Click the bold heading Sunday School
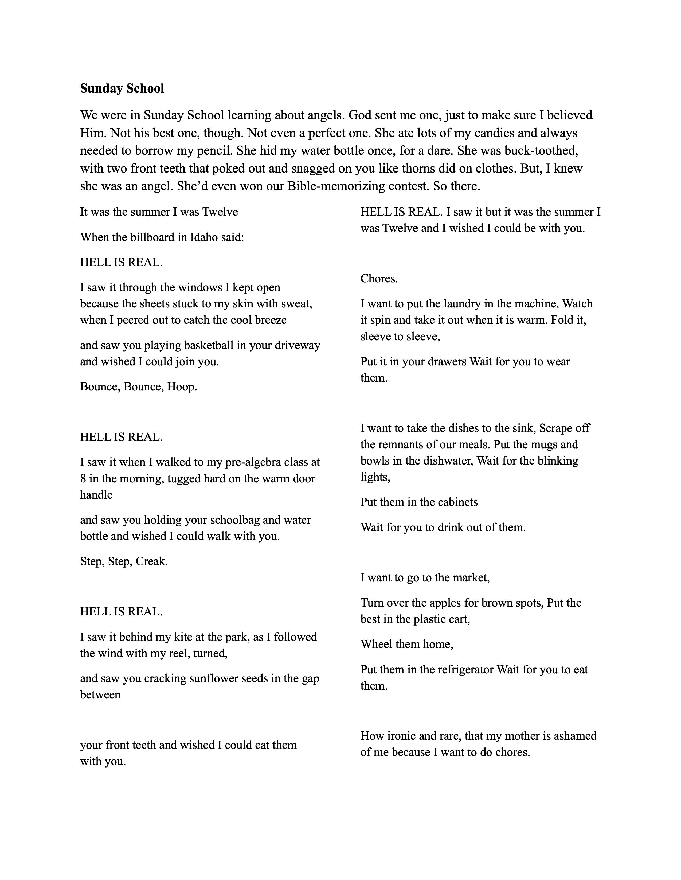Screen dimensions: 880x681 pyautogui.click(x=122, y=88)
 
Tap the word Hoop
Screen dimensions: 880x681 pyautogui.click(x=182, y=387)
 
